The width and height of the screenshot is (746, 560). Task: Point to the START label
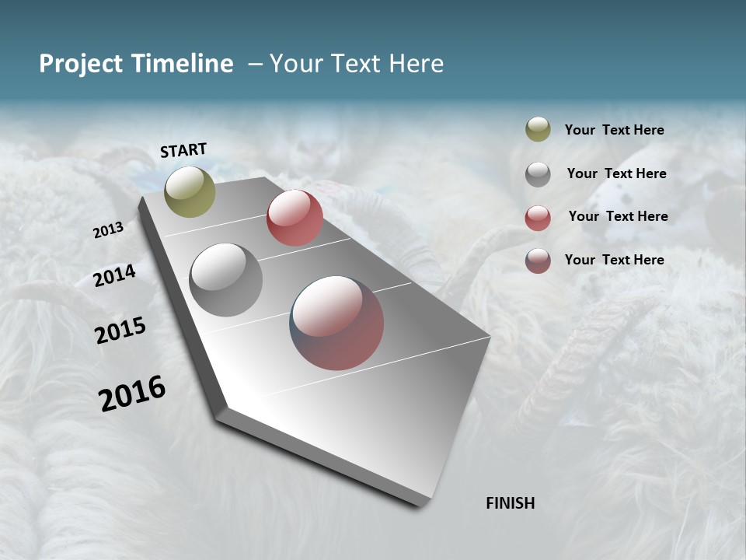[183, 150]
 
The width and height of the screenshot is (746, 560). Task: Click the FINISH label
[510, 503]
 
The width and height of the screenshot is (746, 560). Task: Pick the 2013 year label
[108, 230]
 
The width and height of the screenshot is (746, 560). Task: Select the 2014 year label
[115, 276]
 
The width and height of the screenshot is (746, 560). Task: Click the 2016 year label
[132, 394]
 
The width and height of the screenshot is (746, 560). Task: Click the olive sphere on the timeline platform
[190, 191]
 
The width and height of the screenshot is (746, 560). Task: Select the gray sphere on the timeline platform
[226, 279]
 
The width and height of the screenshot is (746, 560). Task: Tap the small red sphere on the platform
[295, 218]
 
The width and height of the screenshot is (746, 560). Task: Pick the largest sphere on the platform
[336, 323]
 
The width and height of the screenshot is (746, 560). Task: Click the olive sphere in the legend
[538, 129]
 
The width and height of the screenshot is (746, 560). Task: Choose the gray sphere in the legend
[538, 173]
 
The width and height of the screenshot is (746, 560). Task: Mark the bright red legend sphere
[538, 217]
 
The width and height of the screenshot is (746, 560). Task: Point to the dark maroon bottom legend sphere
[538, 261]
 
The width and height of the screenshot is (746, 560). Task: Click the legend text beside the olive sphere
[614, 130]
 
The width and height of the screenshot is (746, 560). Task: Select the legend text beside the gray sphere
[616, 173]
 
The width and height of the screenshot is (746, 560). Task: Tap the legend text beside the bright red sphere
[618, 216]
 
